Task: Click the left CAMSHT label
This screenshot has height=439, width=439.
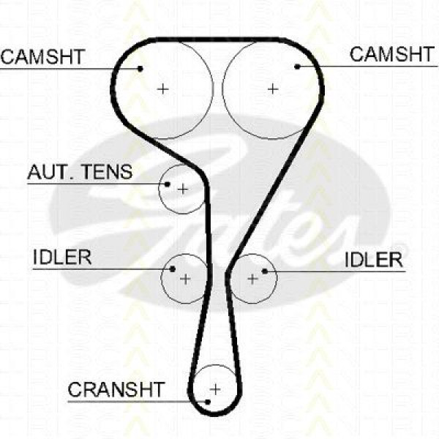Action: coord(43,57)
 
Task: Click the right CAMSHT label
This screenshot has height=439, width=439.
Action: coord(392,54)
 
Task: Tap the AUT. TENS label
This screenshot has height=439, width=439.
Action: coord(80,172)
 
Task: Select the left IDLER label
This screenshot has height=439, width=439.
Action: coord(62,257)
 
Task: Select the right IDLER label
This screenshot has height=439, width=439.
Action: coord(374,260)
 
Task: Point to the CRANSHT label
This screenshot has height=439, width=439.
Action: coord(116,389)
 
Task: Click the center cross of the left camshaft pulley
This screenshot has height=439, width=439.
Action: coord(163,89)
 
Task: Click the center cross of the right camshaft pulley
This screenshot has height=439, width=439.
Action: coord(273,89)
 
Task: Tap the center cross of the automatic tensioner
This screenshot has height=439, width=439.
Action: coord(183,190)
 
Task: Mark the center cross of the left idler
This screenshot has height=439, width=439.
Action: coord(185,279)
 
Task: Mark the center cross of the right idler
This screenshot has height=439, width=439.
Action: coord(253,279)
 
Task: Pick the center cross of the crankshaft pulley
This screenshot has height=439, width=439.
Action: coord(215,389)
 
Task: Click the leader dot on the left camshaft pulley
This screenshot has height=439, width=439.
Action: coord(140,68)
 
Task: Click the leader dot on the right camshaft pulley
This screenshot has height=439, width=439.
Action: coord(297,67)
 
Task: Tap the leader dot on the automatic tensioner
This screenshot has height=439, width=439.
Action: coord(167,184)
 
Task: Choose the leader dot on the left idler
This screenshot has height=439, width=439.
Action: coord(173,269)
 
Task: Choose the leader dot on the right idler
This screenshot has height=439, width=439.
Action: coord(265,271)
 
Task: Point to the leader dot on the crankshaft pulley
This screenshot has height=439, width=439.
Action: coord(208,402)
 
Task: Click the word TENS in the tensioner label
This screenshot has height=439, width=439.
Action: coord(108,172)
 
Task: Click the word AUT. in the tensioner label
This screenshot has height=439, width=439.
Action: coord(52,172)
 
